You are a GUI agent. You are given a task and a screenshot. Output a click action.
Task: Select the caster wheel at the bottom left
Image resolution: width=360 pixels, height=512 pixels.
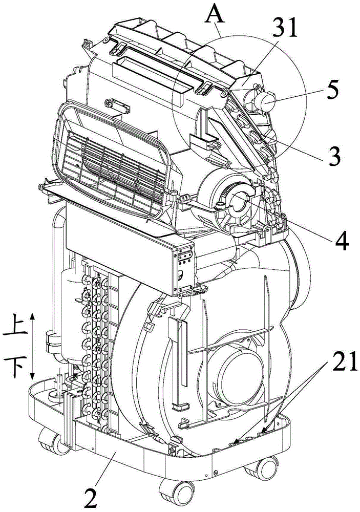[51, 442]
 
